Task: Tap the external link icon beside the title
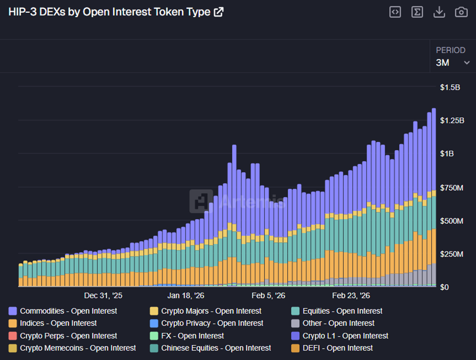tap(219, 12)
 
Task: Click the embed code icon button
tap(395, 12)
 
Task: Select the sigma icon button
tap(417, 12)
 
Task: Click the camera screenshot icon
tap(461, 12)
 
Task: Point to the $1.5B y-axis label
tap(450, 87)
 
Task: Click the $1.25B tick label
tap(452, 121)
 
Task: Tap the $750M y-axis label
tap(451, 188)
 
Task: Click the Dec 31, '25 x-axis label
tap(103, 296)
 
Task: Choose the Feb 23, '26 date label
tap(351, 296)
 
